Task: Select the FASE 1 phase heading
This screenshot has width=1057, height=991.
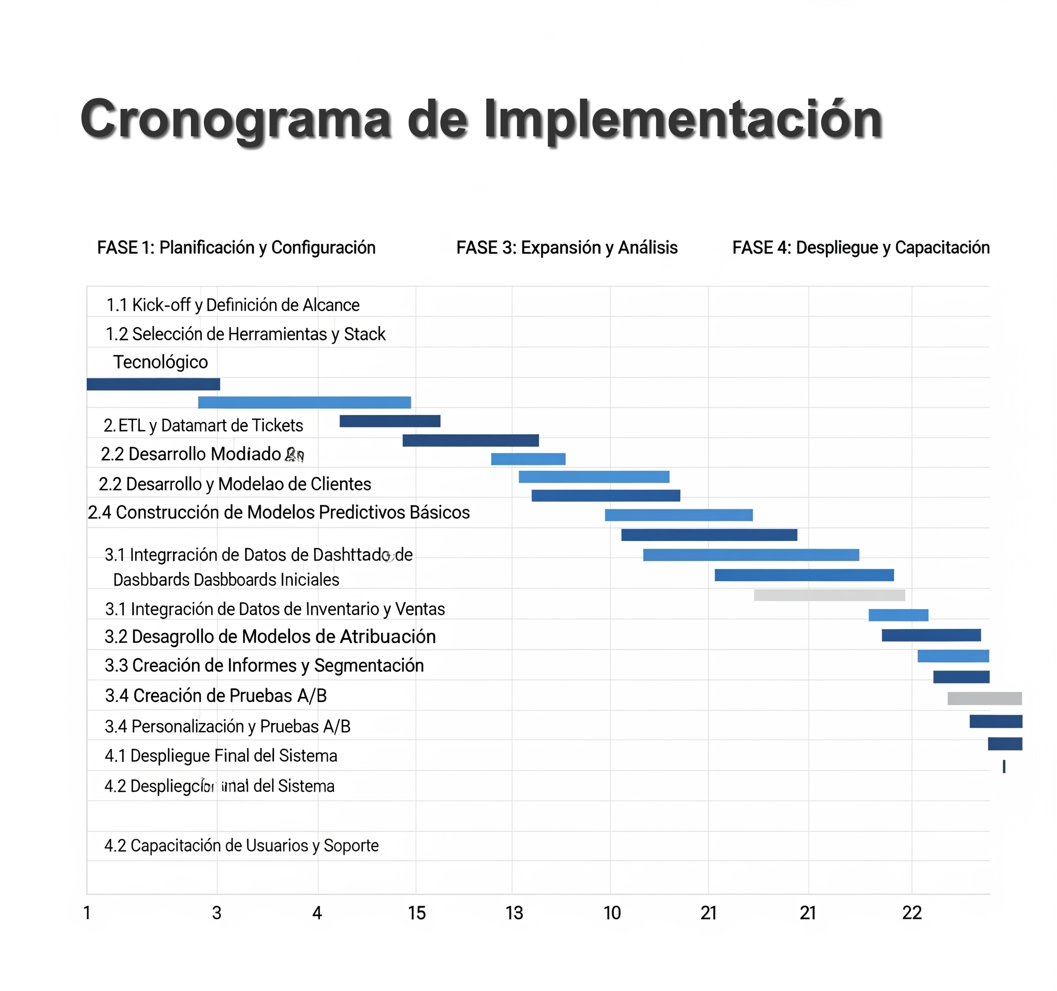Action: [x=236, y=248]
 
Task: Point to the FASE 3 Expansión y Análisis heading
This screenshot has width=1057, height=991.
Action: [x=567, y=248]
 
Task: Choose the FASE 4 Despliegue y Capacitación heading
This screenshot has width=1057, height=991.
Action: [x=861, y=248]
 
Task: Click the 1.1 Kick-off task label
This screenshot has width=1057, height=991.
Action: [x=233, y=305]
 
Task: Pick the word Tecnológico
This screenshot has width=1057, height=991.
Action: [x=161, y=362]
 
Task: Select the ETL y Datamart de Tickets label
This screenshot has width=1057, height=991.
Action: [x=203, y=426]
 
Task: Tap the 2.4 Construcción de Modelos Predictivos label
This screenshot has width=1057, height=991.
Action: [x=279, y=513]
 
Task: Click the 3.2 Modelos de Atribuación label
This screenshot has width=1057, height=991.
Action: [x=270, y=637]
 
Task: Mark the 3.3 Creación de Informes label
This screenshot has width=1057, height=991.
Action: [x=264, y=666]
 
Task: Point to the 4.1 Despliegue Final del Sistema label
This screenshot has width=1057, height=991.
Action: [x=221, y=756]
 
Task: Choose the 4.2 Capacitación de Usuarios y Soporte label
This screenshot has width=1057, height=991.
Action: [x=242, y=846]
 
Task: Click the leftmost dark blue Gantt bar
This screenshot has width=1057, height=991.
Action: [x=153, y=385]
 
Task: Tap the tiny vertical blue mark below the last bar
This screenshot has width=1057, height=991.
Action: [x=1004, y=766]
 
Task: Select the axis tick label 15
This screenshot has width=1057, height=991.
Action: [x=417, y=914]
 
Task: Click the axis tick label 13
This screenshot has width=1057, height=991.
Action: [x=514, y=914]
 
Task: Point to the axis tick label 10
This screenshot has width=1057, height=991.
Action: [x=612, y=914]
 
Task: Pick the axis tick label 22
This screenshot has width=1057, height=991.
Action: [x=912, y=914]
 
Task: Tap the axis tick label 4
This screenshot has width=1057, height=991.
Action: [x=317, y=914]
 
